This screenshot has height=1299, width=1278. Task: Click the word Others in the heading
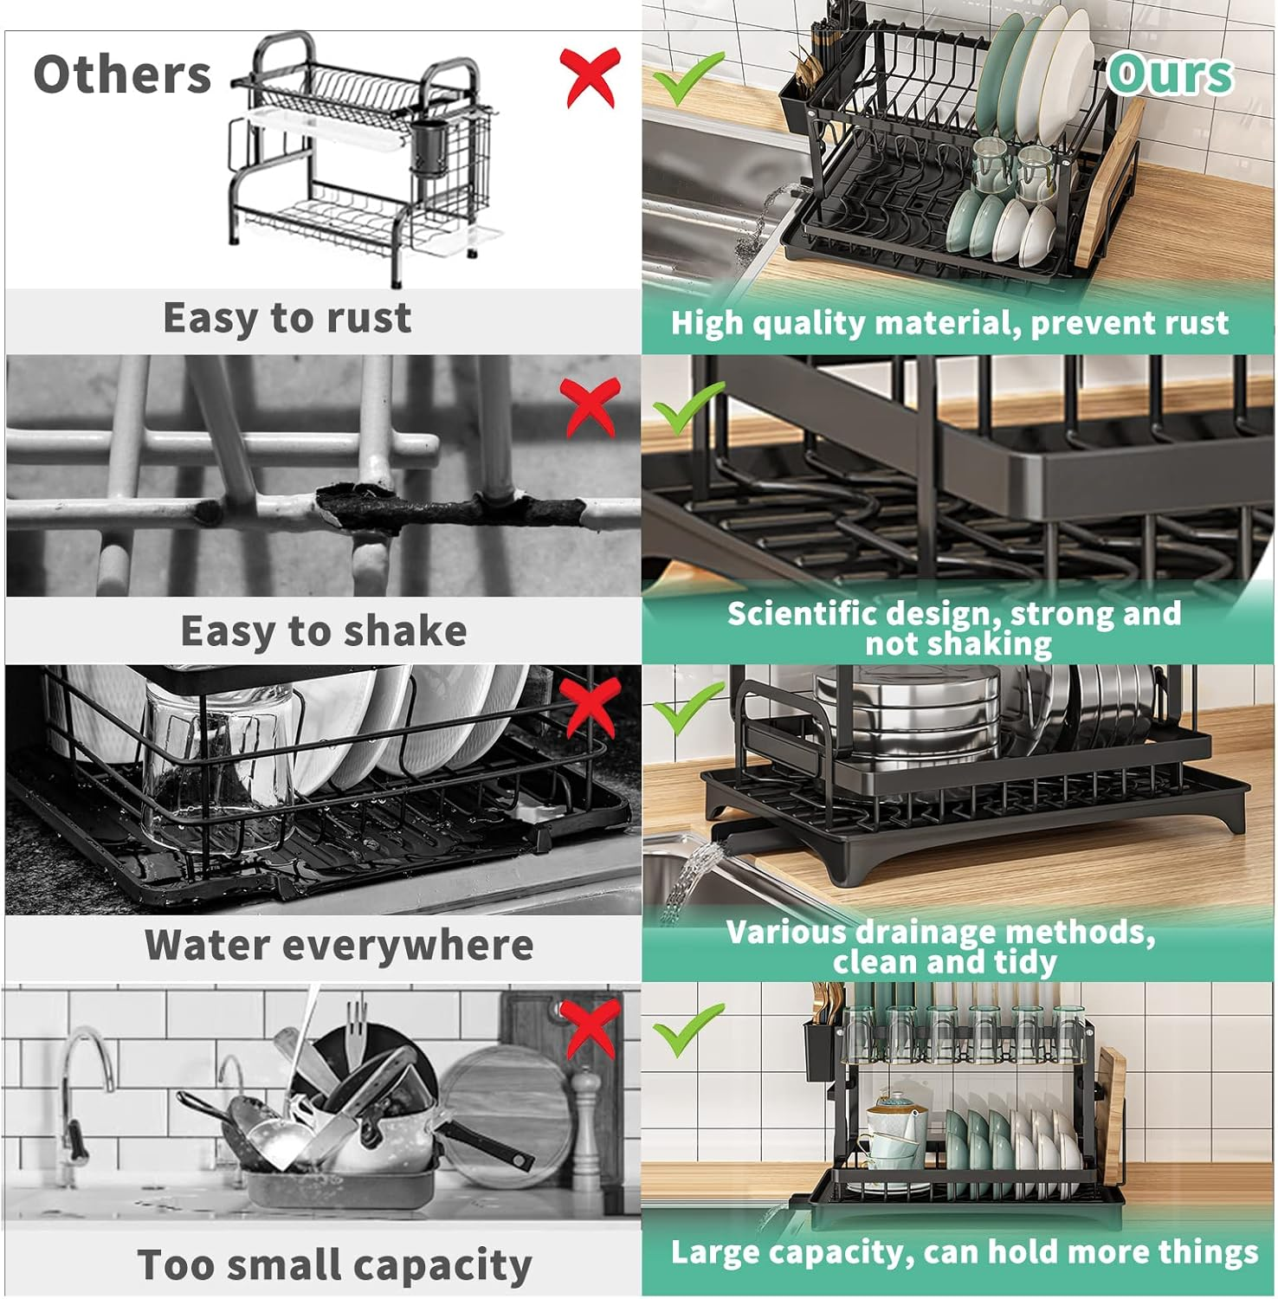[x=122, y=74]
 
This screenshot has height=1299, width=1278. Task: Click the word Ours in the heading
[x=1170, y=74]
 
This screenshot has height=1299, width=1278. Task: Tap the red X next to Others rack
[x=590, y=77]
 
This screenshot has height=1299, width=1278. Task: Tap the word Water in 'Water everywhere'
[x=207, y=945]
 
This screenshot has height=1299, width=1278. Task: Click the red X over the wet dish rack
[x=591, y=706]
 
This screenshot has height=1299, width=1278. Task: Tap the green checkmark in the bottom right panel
[x=687, y=1029]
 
